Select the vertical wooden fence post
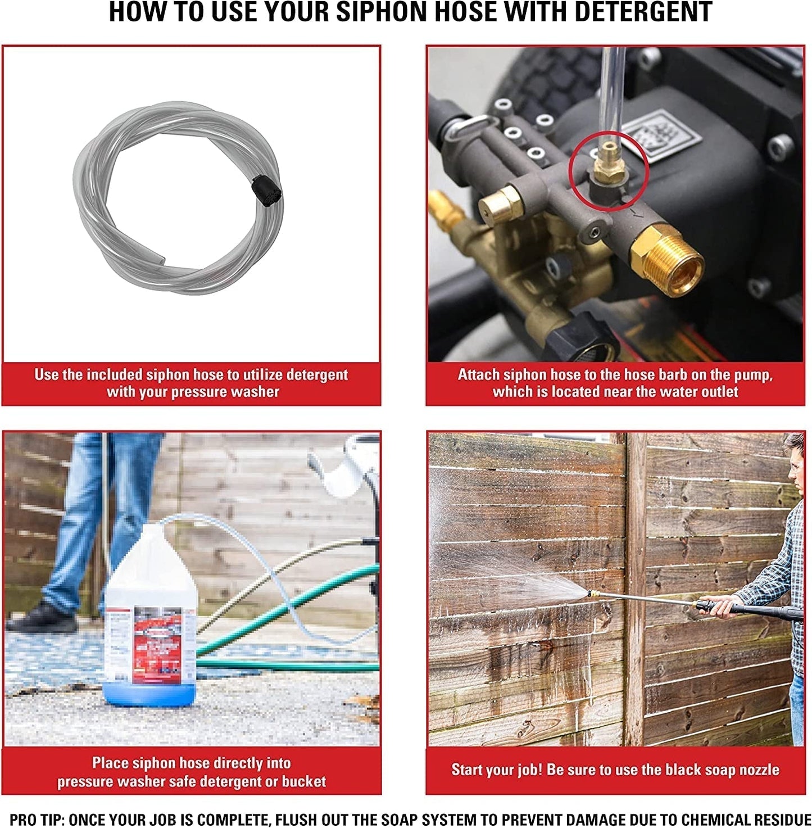tap(636, 589)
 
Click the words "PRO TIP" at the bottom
tap(36, 820)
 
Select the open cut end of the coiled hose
tap(161, 260)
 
